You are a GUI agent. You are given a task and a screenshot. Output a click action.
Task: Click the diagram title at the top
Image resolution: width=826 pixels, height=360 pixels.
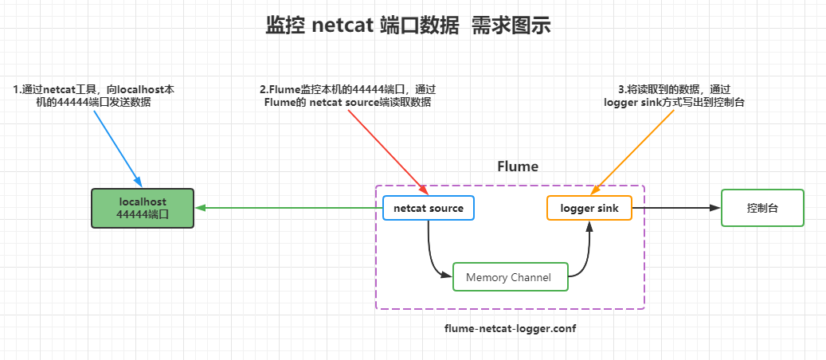click(x=408, y=25)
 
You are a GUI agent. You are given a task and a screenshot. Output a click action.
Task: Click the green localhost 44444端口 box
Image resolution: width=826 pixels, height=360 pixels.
click(x=143, y=208)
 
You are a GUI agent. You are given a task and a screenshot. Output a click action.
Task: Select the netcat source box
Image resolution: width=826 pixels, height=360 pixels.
click(x=429, y=208)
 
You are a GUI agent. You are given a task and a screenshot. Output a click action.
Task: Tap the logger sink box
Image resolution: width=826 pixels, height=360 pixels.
click(x=589, y=208)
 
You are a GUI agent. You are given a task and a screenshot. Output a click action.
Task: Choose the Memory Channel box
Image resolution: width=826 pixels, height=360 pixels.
click(x=510, y=276)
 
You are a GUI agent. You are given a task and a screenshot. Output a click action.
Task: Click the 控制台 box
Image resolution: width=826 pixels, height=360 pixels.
click(x=762, y=208)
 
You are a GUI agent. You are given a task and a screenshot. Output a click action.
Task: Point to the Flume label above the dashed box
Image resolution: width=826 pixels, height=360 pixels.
click(x=518, y=166)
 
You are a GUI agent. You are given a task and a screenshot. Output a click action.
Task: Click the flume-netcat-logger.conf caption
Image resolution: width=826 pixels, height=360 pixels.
click(x=510, y=328)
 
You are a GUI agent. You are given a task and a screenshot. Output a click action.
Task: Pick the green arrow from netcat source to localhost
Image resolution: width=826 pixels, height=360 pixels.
click(x=287, y=208)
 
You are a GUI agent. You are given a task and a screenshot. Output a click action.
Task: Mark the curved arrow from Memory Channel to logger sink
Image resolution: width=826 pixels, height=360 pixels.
click(x=586, y=255)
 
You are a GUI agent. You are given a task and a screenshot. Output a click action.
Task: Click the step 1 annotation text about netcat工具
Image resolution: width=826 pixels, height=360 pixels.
click(x=94, y=96)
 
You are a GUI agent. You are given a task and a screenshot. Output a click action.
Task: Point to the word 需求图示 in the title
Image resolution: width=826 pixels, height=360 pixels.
click(x=511, y=25)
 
